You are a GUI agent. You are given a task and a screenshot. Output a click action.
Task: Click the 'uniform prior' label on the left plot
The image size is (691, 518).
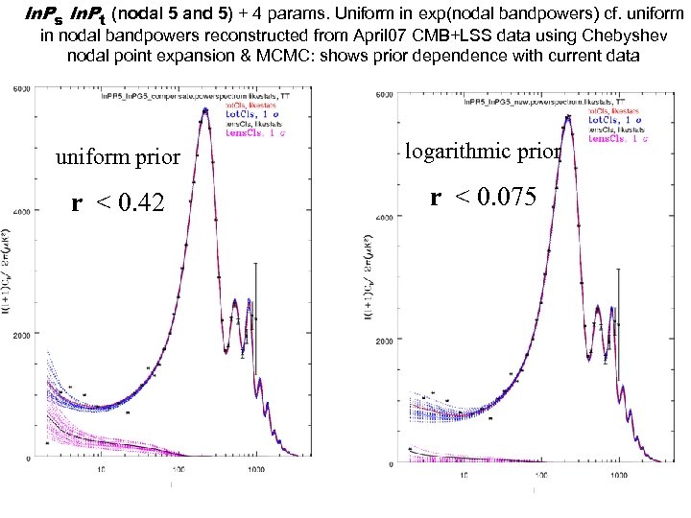tap(118, 157)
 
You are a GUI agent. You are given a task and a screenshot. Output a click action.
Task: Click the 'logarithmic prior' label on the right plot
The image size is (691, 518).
tap(483, 152)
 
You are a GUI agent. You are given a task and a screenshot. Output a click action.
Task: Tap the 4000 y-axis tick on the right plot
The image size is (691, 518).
tap(383, 217)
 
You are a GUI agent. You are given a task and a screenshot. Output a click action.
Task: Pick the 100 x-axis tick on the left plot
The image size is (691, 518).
tap(179, 471)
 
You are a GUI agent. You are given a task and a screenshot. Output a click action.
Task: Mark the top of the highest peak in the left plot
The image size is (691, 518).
tap(204, 110)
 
